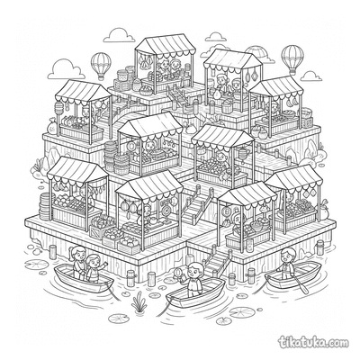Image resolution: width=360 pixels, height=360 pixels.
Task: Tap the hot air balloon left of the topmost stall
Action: (x=101, y=66)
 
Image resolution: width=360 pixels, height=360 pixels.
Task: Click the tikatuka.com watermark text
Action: (x=314, y=342)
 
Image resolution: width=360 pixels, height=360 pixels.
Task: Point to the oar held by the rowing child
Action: (x=299, y=283)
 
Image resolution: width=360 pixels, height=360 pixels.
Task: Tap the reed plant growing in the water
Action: (x=139, y=302)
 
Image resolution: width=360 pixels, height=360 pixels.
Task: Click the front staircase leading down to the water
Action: (x=217, y=262)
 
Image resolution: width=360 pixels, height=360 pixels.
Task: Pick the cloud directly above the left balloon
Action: (x=119, y=35)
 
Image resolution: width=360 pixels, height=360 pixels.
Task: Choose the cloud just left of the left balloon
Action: (x=66, y=69)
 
